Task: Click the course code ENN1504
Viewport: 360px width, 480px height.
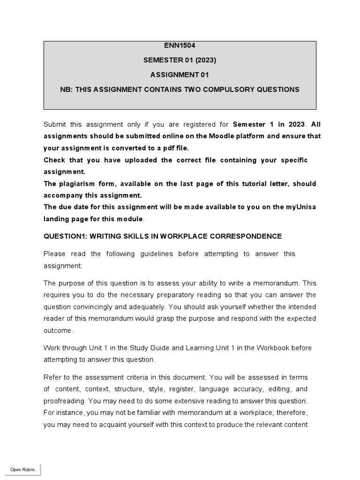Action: coord(180,45)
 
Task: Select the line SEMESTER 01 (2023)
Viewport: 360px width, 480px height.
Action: coord(180,60)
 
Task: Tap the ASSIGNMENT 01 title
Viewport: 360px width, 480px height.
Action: coord(180,75)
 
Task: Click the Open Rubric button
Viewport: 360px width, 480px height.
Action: coord(22,470)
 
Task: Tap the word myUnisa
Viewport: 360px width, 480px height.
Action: coord(300,207)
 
